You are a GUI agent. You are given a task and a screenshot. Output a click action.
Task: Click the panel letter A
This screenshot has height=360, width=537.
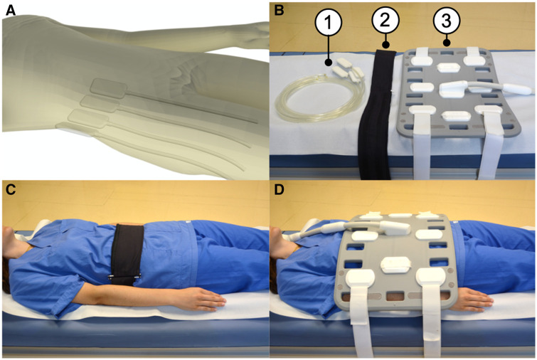click(10, 11)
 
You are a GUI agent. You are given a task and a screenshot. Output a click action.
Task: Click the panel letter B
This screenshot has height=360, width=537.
click(279, 11)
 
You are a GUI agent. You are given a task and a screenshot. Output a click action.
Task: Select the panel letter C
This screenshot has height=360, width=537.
click(11, 190)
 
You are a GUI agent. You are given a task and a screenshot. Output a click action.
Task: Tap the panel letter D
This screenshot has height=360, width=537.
click(280, 190)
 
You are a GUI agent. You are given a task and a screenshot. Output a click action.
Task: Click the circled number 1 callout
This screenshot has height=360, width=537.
click(329, 23)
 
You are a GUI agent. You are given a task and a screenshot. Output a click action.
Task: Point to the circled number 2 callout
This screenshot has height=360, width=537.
click(386, 20)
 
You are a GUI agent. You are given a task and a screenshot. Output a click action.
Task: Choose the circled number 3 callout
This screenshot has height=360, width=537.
click(446, 21)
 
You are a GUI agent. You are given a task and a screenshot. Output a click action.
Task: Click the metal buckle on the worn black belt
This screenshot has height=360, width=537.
click(124, 276)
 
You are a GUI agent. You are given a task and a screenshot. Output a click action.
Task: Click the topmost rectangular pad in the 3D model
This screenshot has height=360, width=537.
click(109, 88)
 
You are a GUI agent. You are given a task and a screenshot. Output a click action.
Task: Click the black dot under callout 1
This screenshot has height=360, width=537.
click(329, 63)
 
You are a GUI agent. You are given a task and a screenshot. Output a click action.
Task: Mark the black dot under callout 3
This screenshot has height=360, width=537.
click(446, 43)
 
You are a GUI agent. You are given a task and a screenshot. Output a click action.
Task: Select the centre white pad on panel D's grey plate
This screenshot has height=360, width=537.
click(396, 265)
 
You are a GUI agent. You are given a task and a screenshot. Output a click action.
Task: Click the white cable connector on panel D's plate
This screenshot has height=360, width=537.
click(394, 228)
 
